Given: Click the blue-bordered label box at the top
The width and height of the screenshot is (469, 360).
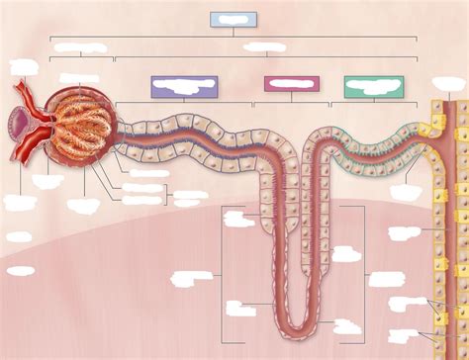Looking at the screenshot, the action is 234,19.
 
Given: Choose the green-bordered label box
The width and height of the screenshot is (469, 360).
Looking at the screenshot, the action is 366,87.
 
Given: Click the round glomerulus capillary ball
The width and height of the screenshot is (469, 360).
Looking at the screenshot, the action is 87,124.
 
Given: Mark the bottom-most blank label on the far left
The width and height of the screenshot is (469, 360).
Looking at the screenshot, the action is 20,270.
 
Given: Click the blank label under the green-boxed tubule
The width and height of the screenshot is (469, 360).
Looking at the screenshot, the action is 405,192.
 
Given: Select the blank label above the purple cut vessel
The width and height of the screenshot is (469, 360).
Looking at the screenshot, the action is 23,67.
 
